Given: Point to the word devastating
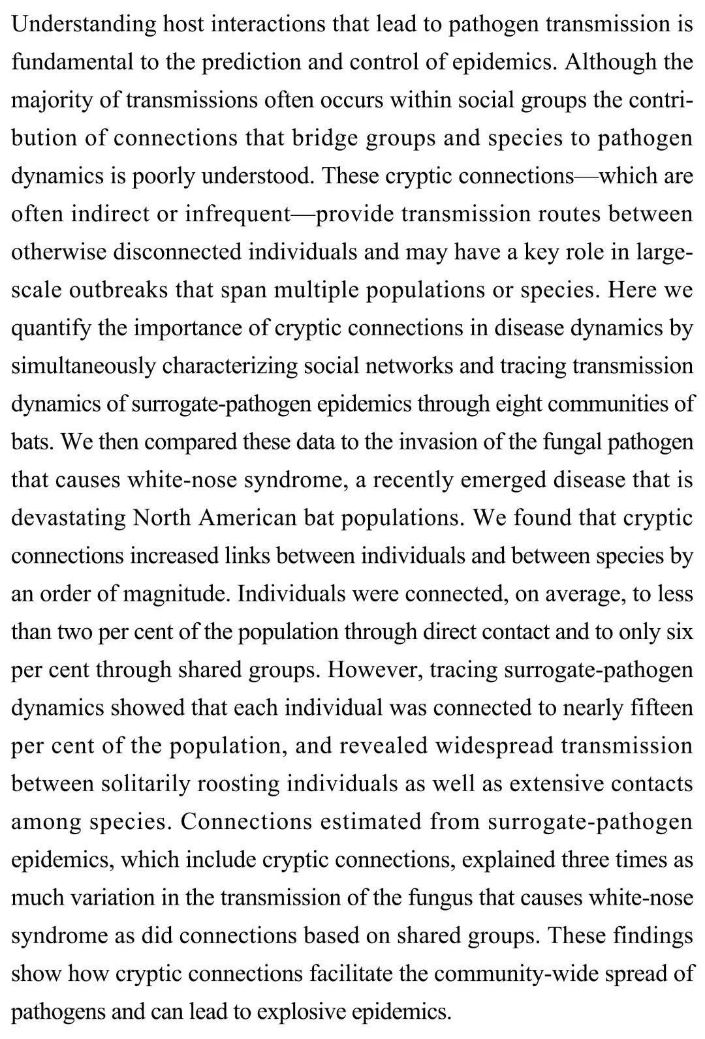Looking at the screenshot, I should click(69, 518).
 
